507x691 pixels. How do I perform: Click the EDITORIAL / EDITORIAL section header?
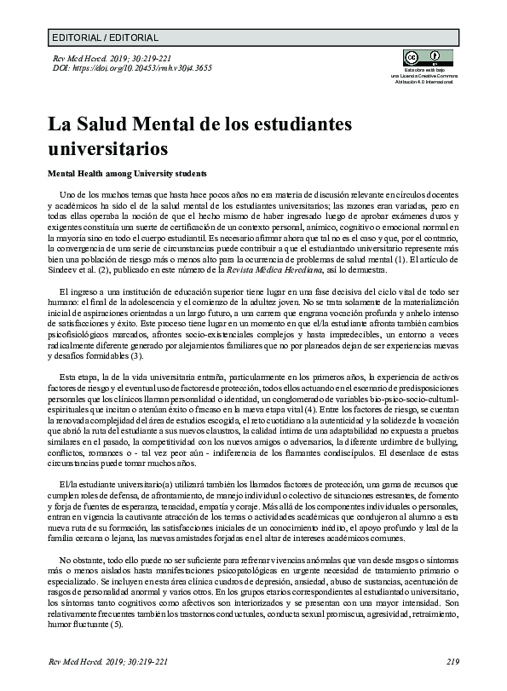pyautogui.click(x=105, y=37)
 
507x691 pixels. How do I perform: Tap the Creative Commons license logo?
pyautogui.click(x=412, y=59)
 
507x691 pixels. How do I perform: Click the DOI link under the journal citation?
pyautogui.click(x=132, y=68)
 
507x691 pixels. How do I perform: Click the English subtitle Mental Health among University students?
pyautogui.click(x=121, y=172)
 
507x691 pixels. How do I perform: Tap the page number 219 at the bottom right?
pyautogui.click(x=452, y=662)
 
